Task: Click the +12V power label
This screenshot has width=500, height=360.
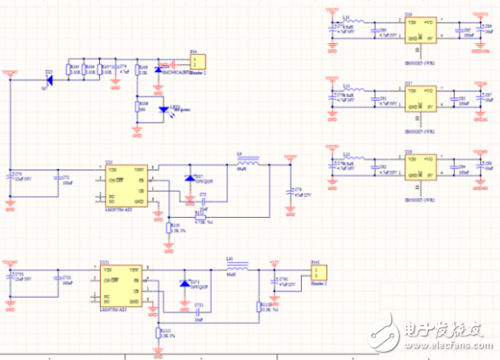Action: [x=275, y=263]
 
